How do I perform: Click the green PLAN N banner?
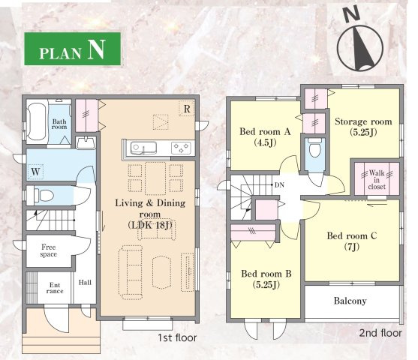(x=73, y=49)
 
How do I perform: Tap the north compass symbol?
(x=359, y=43)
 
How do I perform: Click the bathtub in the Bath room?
(x=36, y=121)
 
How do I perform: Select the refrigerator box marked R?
(x=187, y=109)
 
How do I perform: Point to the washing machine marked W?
(x=35, y=172)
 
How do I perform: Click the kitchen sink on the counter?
(x=143, y=148)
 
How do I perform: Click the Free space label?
(x=49, y=250)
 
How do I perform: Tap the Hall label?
(x=85, y=282)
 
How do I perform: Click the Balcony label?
(x=350, y=301)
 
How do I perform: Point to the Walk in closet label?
(x=377, y=180)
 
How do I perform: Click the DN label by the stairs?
(x=279, y=184)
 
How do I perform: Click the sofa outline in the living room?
(x=131, y=272)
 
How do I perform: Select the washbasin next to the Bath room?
(x=86, y=143)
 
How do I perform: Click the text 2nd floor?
(x=380, y=333)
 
